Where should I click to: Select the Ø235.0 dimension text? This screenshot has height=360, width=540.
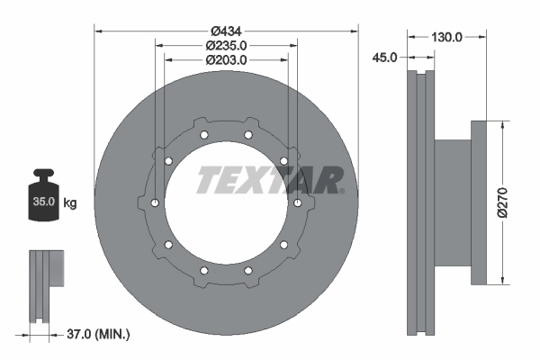pos(226,45)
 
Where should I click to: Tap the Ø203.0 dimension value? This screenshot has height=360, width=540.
pos(226,59)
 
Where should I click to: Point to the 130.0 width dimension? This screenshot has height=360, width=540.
pos(447,37)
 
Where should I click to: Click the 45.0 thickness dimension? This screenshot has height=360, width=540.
pos(384,58)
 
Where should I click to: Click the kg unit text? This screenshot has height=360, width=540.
pos(70,203)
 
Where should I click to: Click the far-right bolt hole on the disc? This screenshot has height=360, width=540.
pos(297,202)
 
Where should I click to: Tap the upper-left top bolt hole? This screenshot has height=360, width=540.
pos(204,136)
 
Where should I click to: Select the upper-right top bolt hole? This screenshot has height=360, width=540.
pos(247,136)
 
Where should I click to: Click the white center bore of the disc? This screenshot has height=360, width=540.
pos(226,202)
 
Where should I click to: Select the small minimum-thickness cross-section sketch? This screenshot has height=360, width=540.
pos(46,285)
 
